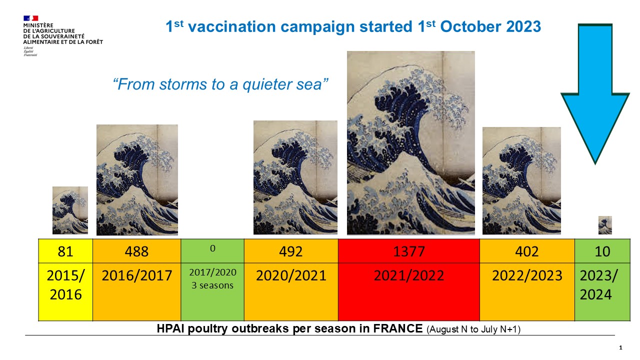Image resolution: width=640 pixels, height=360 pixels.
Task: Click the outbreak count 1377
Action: click(409, 251)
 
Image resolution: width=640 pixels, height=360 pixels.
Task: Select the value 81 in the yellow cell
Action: click(65, 251)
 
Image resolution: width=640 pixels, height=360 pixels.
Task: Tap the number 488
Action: click(136, 251)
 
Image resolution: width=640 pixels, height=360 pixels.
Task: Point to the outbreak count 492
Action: click(291, 251)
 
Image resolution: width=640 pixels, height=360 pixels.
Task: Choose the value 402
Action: click(527, 251)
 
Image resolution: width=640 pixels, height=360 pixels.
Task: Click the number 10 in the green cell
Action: click(602, 251)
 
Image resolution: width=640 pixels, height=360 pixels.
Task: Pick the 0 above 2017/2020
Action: click(212, 248)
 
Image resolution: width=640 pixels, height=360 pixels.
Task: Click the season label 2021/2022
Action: click(409, 275)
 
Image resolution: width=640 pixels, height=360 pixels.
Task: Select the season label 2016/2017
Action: click(137, 275)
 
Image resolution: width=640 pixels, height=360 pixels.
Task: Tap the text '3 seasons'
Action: click(212, 285)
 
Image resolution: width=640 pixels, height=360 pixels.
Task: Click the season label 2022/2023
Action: click(527, 275)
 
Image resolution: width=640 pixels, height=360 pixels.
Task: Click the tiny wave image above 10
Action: click(605, 225)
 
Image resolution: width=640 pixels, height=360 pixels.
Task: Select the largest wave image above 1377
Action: click(411, 143)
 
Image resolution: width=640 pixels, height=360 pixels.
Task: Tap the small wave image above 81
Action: click(70, 210)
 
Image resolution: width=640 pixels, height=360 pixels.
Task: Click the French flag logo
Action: click(30, 18)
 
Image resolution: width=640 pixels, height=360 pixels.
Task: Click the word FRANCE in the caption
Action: click(398, 328)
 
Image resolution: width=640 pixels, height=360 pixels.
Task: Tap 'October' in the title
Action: click(471, 26)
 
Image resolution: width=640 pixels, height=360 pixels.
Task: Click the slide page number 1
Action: click(620, 347)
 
